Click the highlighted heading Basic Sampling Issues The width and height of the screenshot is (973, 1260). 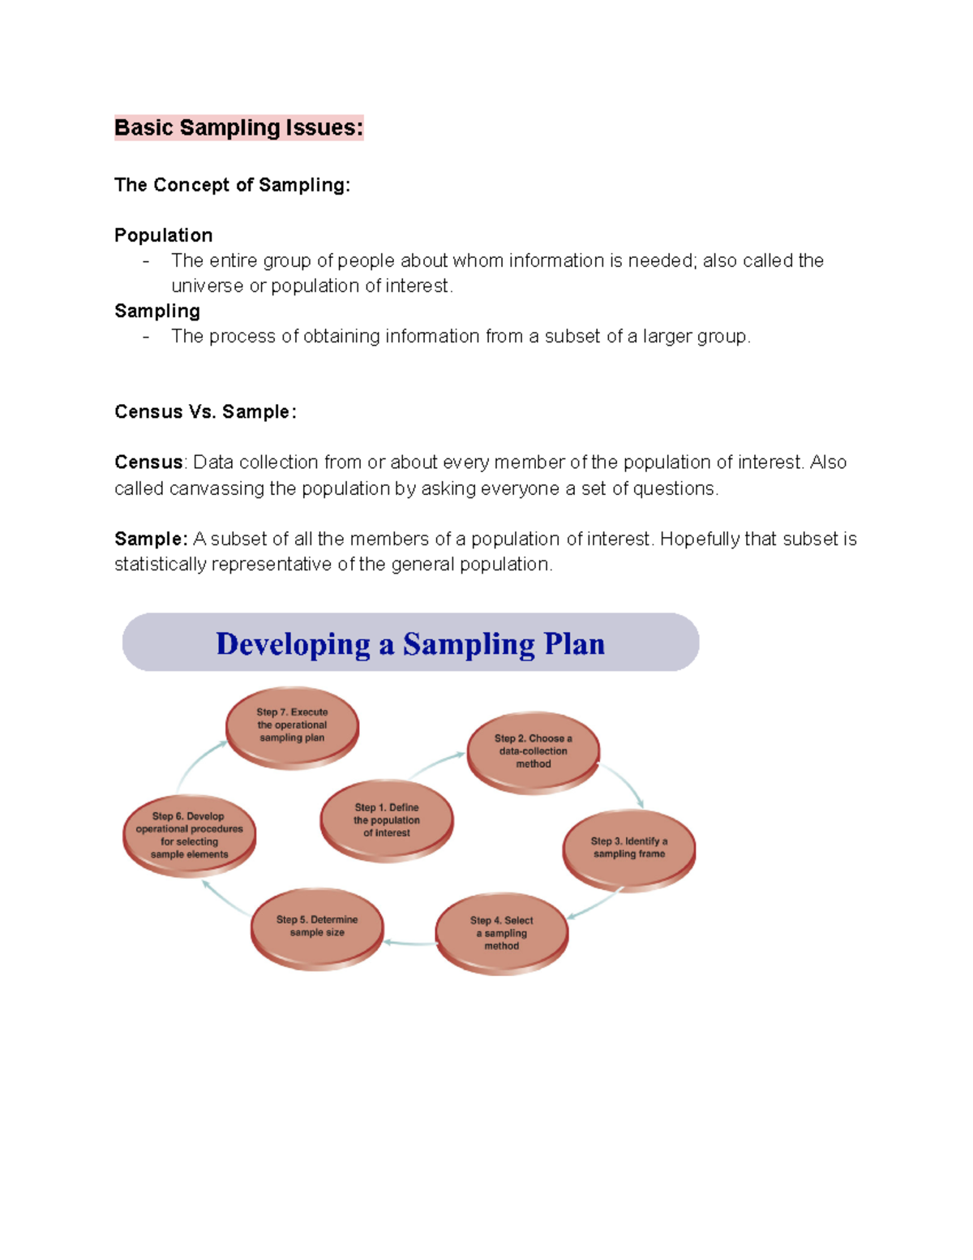coord(238,127)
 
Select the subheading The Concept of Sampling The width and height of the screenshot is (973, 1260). coord(232,185)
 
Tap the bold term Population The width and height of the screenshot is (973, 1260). coord(163,235)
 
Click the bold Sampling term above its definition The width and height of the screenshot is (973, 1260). coord(157,311)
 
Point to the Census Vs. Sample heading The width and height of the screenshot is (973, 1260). coord(205,411)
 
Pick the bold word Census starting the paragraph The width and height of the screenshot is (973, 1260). coord(148,462)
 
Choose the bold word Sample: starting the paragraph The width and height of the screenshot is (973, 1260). coord(151,539)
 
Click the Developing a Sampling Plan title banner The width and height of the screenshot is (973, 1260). coord(410,643)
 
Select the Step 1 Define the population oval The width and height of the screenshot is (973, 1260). coord(386,820)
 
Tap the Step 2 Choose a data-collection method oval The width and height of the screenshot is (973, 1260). coord(533,751)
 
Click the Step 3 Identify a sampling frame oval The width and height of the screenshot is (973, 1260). coord(628,848)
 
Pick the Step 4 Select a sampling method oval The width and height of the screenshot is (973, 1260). coord(501,933)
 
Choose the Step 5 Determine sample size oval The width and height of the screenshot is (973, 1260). coord(316,927)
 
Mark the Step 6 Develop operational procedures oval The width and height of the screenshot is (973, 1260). coord(189,835)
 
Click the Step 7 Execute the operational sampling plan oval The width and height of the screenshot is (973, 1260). coord(292,725)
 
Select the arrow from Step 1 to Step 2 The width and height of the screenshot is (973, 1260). coord(438,764)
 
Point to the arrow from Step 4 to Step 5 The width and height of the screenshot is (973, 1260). coord(409,943)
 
